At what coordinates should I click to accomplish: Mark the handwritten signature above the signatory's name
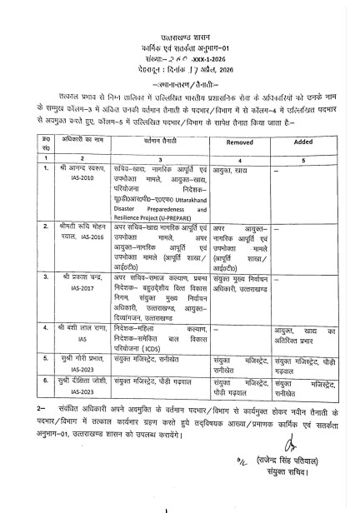[242, 457]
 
